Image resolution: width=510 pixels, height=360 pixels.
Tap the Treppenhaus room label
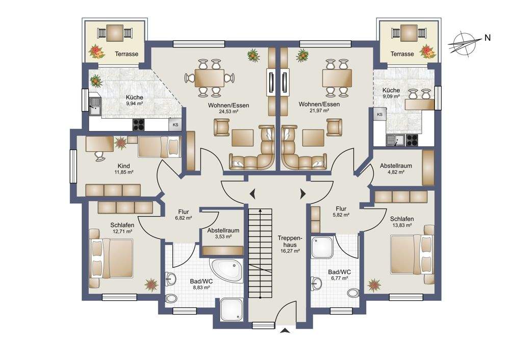(287, 241)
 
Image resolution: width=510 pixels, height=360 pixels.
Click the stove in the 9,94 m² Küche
(138, 124)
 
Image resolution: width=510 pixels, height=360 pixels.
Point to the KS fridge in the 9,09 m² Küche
(379, 114)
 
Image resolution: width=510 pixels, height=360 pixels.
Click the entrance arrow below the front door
(285, 331)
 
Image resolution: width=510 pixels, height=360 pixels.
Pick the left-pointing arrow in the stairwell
(252, 194)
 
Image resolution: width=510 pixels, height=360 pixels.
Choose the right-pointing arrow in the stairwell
(303, 194)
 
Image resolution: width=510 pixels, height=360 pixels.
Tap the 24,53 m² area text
(228, 111)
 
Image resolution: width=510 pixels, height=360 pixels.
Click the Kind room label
(123, 166)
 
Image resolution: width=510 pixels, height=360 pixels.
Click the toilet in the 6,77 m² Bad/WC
(353, 293)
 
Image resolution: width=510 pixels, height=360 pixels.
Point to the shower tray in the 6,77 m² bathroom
(322, 247)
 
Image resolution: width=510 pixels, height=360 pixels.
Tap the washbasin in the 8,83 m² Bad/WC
(170, 279)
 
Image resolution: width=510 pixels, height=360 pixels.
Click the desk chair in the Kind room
(99, 156)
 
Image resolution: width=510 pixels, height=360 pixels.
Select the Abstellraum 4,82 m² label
(396, 168)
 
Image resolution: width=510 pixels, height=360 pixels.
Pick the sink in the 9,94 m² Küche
(95, 107)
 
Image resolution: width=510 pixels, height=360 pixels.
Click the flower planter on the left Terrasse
(96, 52)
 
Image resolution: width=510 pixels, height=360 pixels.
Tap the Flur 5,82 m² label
(341, 212)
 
